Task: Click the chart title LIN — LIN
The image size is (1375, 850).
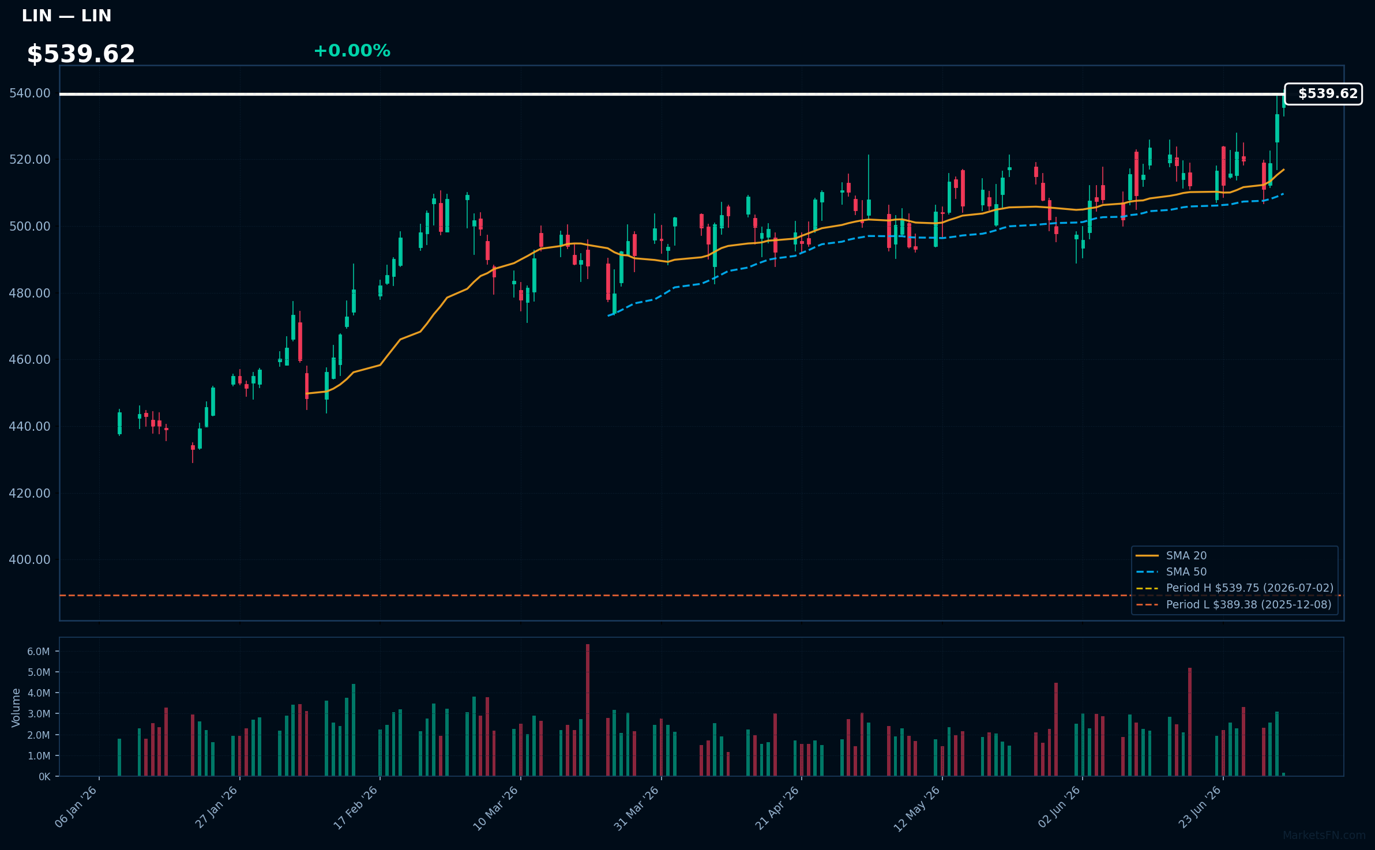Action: tap(66, 16)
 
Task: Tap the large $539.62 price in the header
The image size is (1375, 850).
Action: tap(81, 54)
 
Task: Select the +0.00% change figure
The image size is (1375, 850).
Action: tap(352, 51)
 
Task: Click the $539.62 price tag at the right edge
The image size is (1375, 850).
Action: tap(1324, 94)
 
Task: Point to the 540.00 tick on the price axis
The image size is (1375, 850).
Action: tap(30, 93)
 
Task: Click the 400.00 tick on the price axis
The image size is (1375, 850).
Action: tap(30, 560)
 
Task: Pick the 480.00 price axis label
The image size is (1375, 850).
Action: tap(30, 294)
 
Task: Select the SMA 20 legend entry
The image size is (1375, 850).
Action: tap(1171, 556)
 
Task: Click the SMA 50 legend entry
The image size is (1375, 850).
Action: tap(1171, 572)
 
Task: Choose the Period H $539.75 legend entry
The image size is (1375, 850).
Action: tap(1234, 588)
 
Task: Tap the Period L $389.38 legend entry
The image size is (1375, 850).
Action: tap(1233, 605)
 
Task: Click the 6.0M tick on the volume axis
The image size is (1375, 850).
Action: tap(39, 652)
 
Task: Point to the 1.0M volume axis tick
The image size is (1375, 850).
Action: tap(39, 756)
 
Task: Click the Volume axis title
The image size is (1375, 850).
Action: tap(16, 708)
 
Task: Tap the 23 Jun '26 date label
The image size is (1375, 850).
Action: tap(1200, 807)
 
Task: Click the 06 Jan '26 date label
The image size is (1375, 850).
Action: tap(76, 807)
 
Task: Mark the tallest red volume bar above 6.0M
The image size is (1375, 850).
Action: tap(588, 710)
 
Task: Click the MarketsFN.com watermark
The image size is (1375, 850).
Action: tap(1324, 836)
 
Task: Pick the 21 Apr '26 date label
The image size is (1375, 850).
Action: tap(777, 807)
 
